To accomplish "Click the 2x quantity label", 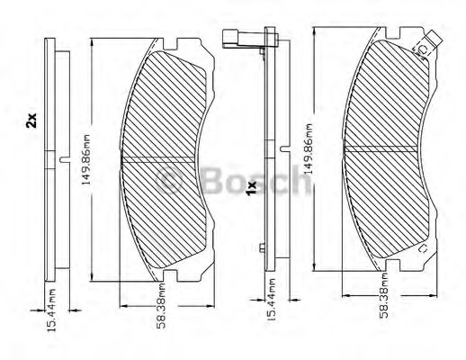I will pyautogui.click(x=31, y=120).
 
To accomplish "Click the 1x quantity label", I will pyautogui.click(x=252, y=186).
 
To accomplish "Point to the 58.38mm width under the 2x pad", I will pyautogui.click(x=157, y=310).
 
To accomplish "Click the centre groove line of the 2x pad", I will pyautogui.click(x=171, y=161).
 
